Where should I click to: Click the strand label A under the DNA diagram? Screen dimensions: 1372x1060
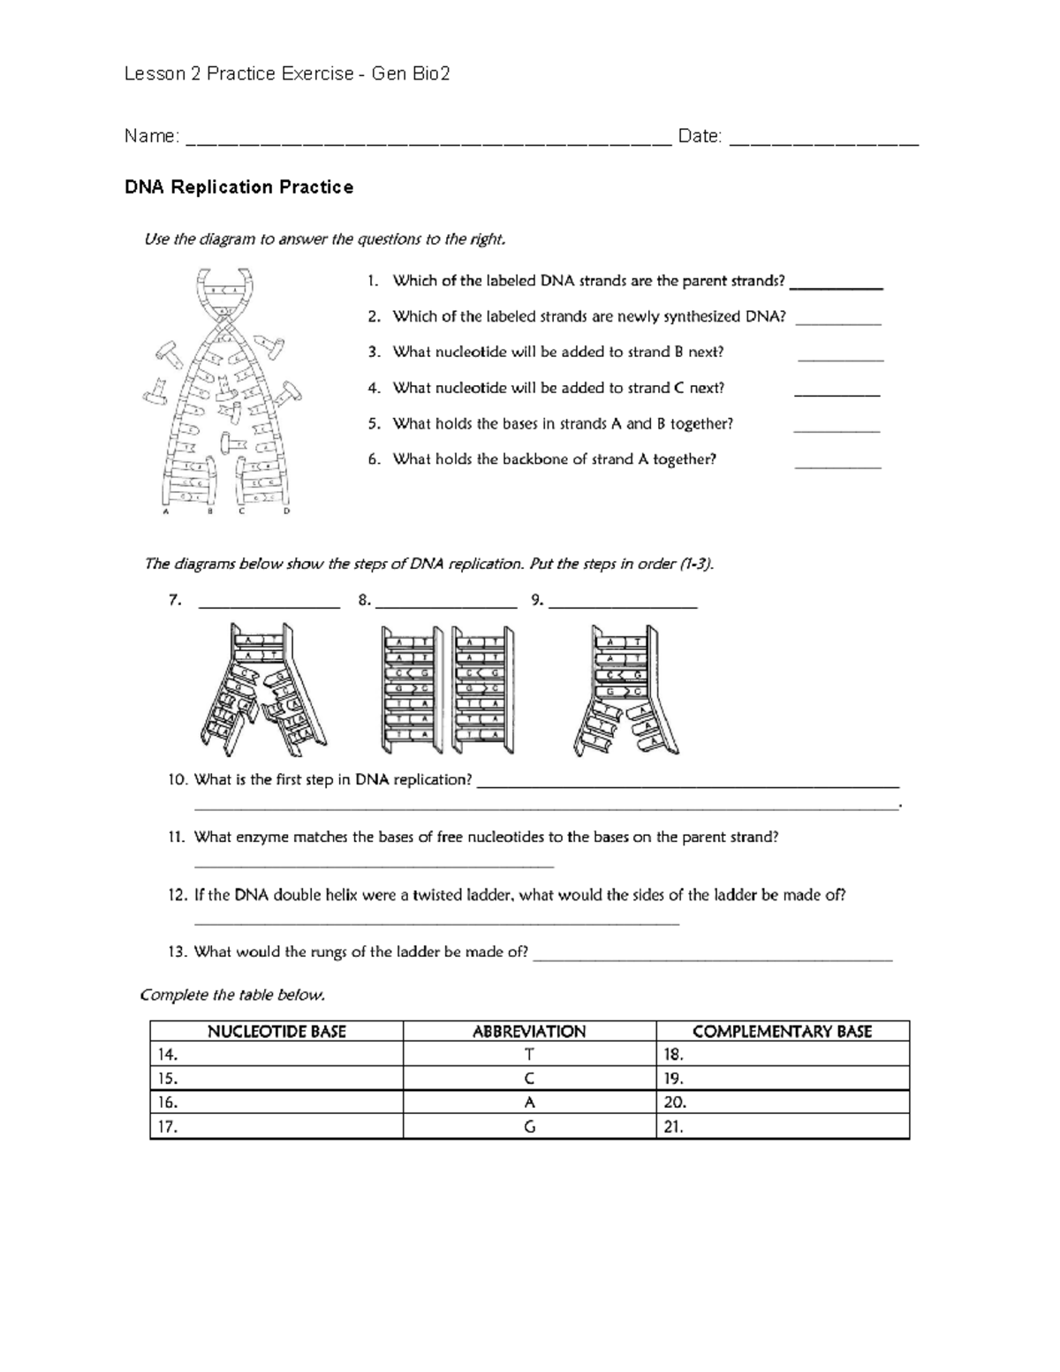(164, 511)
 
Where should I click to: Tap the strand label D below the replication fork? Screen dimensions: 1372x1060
(286, 511)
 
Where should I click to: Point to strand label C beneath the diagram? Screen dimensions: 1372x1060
(242, 511)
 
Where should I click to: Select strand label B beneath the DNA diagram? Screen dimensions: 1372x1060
(209, 511)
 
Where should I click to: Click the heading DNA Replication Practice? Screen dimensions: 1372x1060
(238, 187)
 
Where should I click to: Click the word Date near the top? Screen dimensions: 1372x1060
(699, 136)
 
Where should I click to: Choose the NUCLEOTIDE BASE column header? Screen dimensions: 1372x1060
(276, 1031)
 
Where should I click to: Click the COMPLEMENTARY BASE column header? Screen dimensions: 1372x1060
(782, 1031)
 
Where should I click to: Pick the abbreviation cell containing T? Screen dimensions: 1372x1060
(529, 1054)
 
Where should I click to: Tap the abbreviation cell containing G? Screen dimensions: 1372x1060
(529, 1126)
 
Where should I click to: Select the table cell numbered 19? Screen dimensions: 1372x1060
(782, 1078)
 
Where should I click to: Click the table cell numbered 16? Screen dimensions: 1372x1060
(276, 1103)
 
